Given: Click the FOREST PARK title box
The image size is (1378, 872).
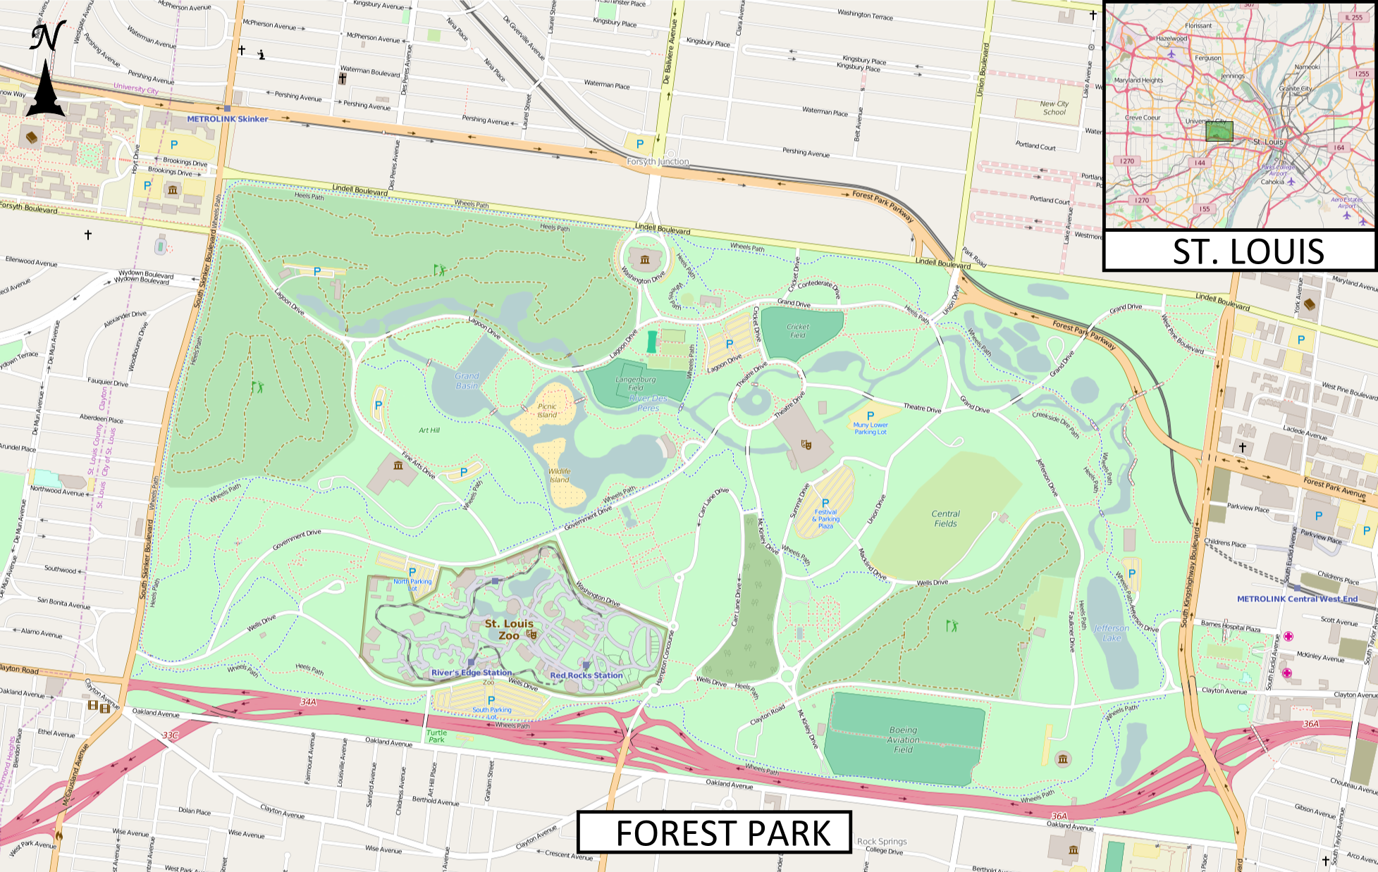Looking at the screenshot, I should [714, 833].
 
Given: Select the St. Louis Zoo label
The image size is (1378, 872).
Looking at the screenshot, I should [509, 630].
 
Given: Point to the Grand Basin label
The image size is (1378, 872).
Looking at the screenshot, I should [467, 380].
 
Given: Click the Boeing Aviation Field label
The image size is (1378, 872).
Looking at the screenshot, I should [903, 740].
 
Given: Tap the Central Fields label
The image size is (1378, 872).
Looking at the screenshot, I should [945, 518].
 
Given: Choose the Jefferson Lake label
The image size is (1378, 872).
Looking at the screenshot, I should [1112, 633].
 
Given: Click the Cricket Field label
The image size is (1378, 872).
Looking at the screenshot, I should [798, 330].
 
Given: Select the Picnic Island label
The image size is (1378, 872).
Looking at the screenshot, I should [547, 411].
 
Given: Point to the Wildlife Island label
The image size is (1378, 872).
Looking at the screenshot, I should [559, 475].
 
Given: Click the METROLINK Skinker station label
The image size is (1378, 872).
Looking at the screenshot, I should [227, 119].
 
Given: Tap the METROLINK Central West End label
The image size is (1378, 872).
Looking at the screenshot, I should [1297, 599].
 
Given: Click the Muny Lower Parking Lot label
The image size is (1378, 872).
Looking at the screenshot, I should [871, 428].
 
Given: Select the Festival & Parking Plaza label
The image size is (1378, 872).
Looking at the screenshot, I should [826, 519].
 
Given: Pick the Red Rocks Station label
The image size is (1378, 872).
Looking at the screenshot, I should [586, 675].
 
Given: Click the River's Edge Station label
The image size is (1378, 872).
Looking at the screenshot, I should [472, 673].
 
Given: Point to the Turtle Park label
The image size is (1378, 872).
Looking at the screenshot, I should [436, 736].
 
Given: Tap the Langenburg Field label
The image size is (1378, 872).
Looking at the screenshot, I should [635, 383].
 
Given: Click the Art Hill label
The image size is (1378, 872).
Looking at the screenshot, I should [429, 430].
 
